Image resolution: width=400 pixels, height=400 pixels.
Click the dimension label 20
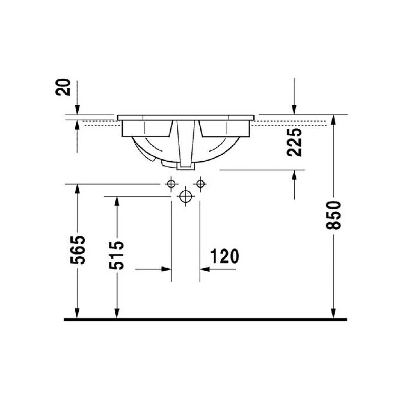pos(63,87)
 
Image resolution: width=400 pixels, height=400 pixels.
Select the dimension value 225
pos(294,142)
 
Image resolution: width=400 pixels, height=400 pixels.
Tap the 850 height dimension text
pos(333,215)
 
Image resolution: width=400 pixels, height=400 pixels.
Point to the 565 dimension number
pos(78,250)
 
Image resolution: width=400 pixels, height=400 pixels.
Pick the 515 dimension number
pos(116,255)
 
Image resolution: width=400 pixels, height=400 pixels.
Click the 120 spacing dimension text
pos(225,256)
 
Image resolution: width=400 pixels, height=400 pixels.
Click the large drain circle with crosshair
pos(186,196)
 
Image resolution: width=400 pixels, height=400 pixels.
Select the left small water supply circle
pos(171,184)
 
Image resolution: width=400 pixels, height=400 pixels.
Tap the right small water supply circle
pos(200,184)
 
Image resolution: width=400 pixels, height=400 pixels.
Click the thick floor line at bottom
pos(205,320)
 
